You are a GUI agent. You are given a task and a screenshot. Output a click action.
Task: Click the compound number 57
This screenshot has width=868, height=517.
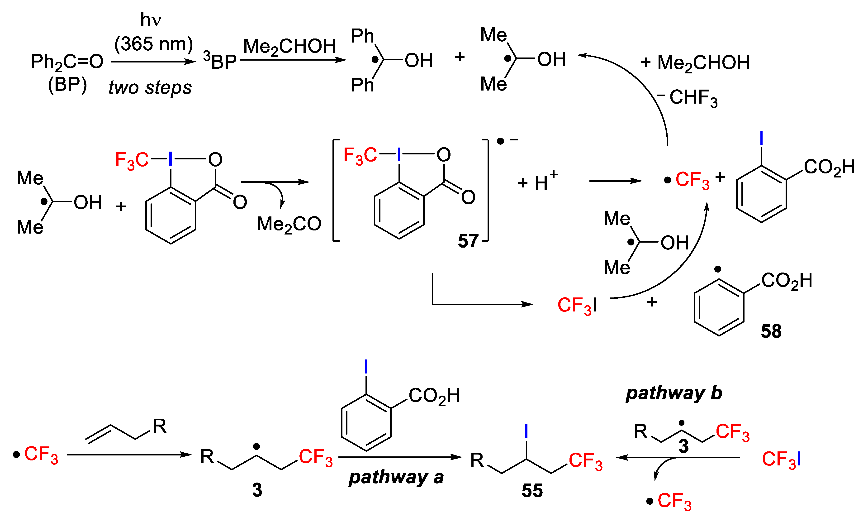pos(468,241)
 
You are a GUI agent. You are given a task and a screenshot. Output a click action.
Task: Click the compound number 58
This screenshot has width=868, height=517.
pos(771,331)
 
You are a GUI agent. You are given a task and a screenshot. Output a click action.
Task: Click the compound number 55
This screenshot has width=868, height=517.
pos(532,491)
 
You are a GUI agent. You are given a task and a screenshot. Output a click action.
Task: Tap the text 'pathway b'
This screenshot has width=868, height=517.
pos(674,393)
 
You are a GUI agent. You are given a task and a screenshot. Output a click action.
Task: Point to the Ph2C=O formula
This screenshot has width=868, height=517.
pos(67,62)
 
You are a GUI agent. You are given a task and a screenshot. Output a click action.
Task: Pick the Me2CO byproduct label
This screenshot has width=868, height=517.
pos(289,224)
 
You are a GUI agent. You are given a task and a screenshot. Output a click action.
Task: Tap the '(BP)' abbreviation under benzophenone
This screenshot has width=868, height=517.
pos(67,85)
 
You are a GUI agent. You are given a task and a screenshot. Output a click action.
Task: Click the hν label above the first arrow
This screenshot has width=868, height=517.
pos(150,20)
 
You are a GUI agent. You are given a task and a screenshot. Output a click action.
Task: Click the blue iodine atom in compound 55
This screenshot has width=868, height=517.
pos(526,431)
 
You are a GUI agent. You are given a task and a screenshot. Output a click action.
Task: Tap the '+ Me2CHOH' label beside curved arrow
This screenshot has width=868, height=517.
pos(695,63)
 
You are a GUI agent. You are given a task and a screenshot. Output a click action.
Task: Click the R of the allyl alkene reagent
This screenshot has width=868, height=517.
pos(159,426)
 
